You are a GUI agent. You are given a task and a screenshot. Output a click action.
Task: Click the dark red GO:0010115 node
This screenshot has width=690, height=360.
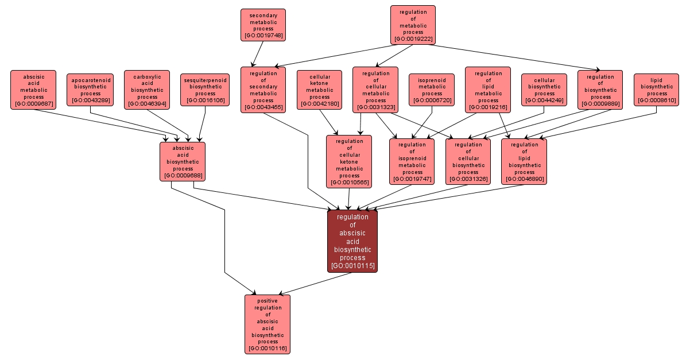tap(352, 241)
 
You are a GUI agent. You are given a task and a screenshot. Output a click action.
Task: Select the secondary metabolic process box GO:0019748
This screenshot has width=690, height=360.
tap(263, 25)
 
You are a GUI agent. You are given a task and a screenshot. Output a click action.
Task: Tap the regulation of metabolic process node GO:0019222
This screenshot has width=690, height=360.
tap(413, 25)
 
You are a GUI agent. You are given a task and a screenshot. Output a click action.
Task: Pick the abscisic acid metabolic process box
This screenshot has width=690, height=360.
tap(33, 90)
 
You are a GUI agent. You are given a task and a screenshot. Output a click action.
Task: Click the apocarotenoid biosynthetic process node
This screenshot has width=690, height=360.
tap(90, 90)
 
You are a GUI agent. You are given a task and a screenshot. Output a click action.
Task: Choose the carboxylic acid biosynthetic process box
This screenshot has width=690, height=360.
tap(147, 90)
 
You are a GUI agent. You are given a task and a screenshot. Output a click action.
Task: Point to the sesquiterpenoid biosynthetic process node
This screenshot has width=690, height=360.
tap(205, 90)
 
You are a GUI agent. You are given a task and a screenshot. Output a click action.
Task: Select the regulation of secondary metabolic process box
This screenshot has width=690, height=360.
tap(263, 90)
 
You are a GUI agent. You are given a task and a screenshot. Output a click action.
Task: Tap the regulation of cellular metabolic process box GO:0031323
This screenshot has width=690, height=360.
tap(375, 90)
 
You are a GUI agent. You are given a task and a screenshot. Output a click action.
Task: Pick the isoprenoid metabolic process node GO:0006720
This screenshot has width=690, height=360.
tap(432, 90)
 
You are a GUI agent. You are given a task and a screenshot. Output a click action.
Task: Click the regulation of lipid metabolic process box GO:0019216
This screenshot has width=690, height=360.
tap(488, 90)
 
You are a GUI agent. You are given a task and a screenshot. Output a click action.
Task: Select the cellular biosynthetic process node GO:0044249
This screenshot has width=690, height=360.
tap(544, 90)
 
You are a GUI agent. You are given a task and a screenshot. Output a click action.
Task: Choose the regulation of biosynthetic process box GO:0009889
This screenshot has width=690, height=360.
tap(600, 90)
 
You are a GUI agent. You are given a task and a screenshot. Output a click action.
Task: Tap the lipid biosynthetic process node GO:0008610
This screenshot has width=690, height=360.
tap(657, 90)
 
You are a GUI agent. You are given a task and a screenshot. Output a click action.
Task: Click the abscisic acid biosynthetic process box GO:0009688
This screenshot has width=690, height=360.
tap(183, 161)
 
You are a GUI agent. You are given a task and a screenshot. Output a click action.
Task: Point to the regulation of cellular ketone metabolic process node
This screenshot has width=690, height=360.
tap(349, 161)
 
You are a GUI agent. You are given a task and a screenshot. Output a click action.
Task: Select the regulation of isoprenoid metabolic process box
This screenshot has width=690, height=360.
tap(412, 161)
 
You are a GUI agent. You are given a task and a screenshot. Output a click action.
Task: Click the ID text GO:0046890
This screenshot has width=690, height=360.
tap(524, 180)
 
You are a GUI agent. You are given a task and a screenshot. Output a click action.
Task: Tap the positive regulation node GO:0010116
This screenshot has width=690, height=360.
tap(268, 324)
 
